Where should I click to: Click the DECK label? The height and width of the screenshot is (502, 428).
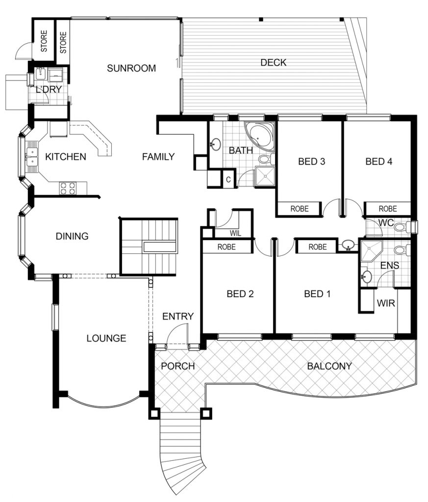click(x=274, y=62)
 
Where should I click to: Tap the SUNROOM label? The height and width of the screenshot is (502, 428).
click(x=131, y=68)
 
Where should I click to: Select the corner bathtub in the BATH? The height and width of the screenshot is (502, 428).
click(x=259, y=137)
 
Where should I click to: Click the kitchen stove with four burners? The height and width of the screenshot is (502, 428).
click(x=68, y=188)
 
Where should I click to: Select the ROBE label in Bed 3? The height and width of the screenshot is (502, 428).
click(x=300, y=209)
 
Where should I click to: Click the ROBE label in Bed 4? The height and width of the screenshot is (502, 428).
click(x=388, y=209)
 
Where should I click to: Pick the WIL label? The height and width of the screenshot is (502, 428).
click(x=235, y=233)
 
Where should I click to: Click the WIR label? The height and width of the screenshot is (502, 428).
click(x=386, y=303)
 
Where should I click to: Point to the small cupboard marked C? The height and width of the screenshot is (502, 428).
click(x=228, y=179)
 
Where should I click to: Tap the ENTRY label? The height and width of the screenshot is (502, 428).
click(x=178, y=316)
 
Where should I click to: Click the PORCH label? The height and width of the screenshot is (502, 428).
click(x=177, y=366)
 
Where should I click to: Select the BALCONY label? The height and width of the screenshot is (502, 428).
click(x=329, y=366)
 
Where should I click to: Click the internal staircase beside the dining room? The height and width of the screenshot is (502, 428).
click(x=149, y=247)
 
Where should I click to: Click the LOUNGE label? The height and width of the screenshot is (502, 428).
click(x=106, y=338)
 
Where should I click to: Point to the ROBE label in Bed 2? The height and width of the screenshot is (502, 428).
click(x=227, y=247)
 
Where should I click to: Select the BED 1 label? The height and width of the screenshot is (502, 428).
click(x=317, y=294)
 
